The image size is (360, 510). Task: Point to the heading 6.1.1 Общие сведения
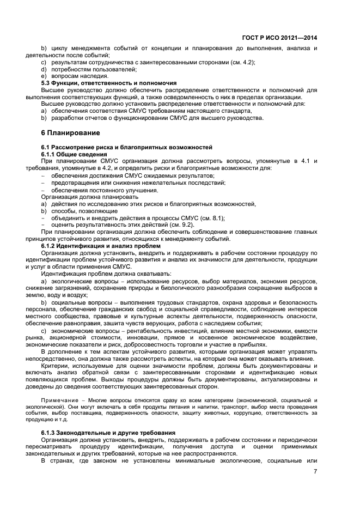coord(74,155)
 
